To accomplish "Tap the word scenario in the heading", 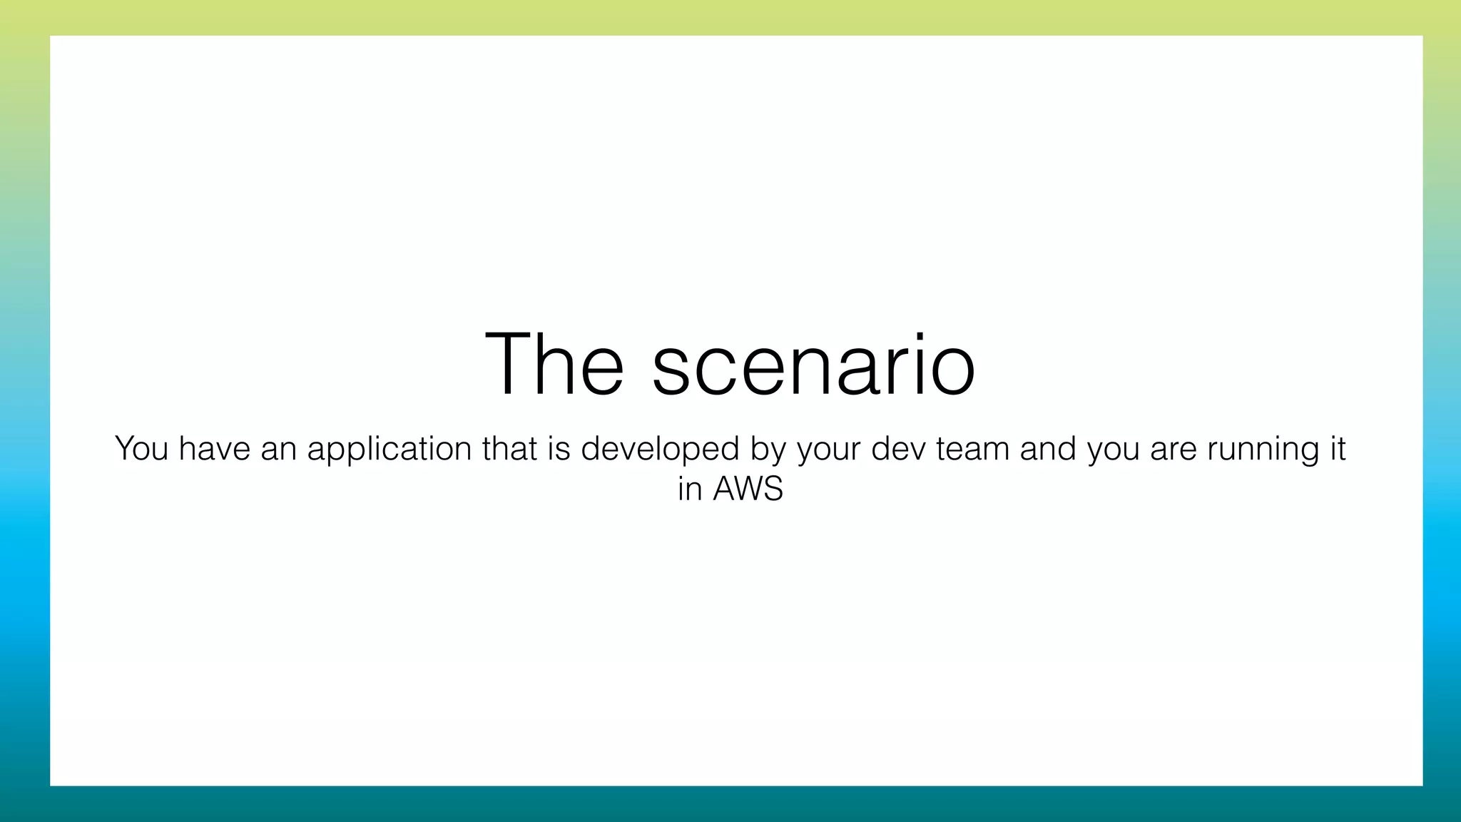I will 813,365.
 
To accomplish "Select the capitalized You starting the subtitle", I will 141,449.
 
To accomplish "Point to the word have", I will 214,449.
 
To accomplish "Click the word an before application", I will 278,449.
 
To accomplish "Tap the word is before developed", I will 559,449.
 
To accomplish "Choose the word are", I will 1174,449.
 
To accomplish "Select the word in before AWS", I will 690,489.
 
